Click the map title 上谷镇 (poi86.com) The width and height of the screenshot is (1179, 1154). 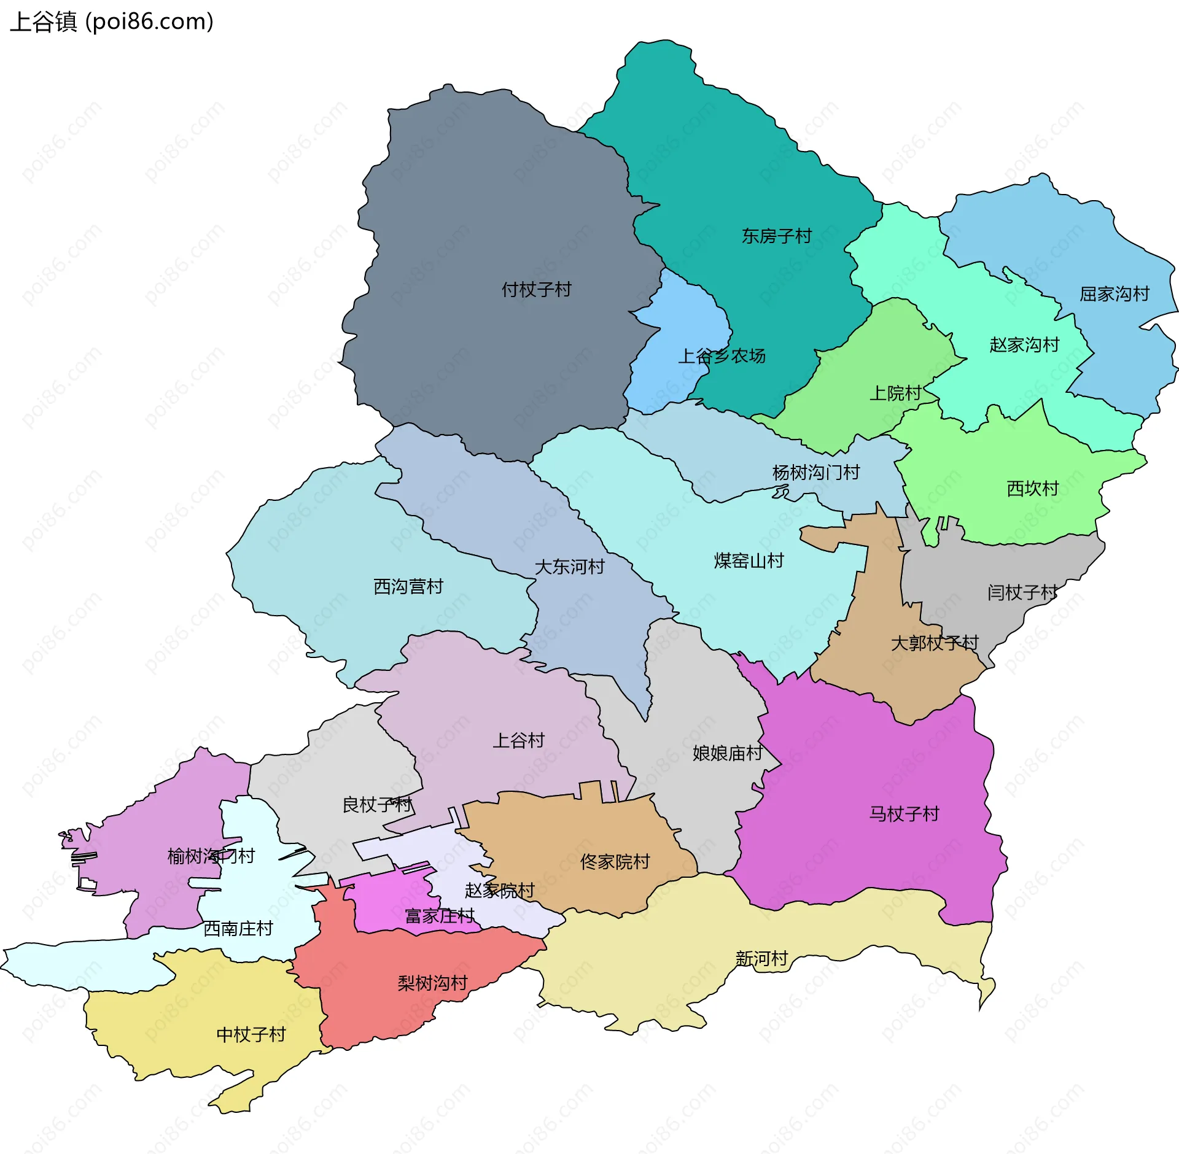112,22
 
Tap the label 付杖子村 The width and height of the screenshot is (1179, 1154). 536,289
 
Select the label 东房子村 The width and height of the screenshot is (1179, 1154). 776,236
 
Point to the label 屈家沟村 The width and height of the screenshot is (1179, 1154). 1114,294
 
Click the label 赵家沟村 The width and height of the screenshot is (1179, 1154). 1024,345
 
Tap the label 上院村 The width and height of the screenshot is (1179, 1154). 895,393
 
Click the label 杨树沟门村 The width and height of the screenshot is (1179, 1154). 815,473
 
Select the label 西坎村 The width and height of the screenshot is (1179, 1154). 1032,489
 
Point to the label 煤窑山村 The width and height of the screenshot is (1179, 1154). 749,560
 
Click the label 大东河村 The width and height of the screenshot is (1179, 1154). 569,567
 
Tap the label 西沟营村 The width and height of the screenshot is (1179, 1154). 408,587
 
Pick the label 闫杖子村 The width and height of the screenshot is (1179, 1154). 1022,593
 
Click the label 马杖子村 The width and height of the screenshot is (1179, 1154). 904,814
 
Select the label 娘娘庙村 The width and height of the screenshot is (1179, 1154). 727,753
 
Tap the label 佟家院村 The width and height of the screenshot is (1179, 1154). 615,862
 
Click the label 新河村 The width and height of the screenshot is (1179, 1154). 761,959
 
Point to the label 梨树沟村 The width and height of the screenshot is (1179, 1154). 432,983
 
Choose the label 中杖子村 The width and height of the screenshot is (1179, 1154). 251,1035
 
